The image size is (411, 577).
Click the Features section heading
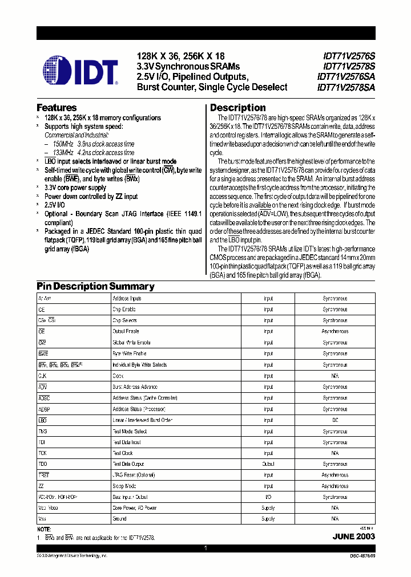[57, 107]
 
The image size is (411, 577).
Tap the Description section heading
[237, 107]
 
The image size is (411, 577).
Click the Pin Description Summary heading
[95, 286]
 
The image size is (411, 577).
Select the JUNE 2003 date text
[353, 537]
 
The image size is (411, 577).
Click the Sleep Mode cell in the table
[124, 486]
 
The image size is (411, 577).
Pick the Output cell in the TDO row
[268, 464]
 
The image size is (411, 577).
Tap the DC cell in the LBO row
[335, 420]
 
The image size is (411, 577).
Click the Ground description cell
[119, 519]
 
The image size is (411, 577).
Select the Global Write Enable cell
[131, 343]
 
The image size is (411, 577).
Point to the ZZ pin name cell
[41, 486]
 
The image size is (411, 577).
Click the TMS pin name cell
[43, 431]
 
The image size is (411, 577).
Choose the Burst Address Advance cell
[135, 387]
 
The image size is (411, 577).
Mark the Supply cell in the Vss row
[268, 519]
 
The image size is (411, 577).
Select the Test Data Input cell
[127, 442]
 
